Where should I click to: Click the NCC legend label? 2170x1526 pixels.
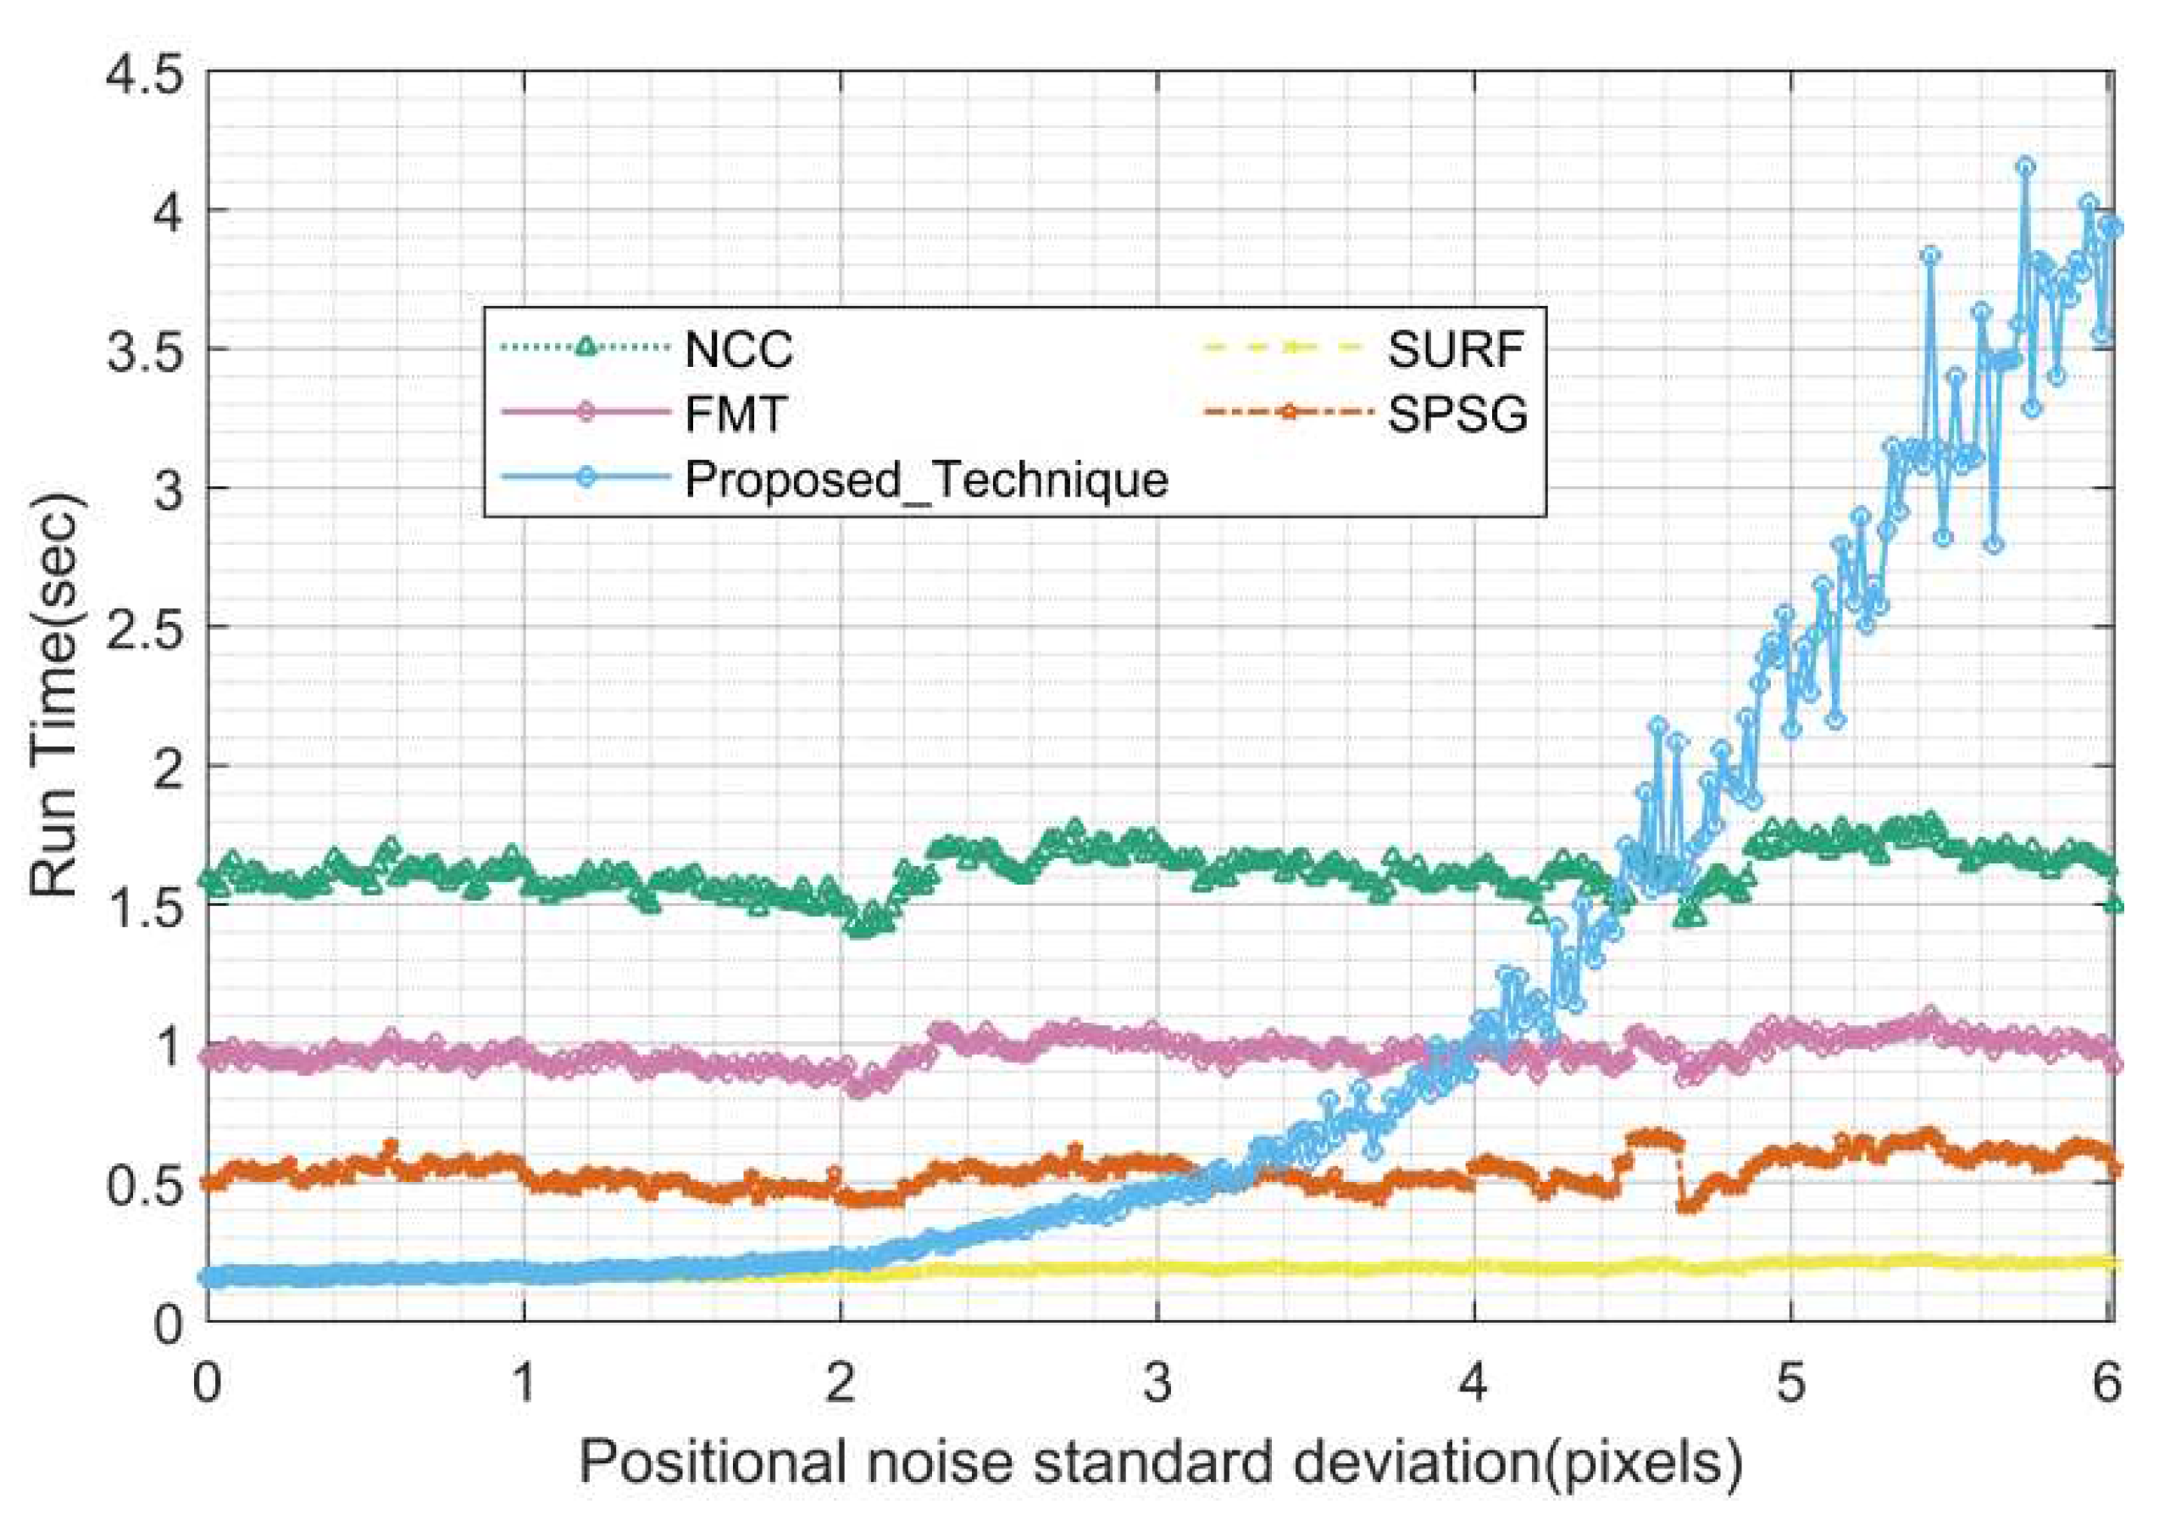738,351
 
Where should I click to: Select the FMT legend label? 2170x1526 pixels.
735,413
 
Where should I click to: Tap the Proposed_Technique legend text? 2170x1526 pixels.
926,479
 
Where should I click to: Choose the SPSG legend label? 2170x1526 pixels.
1457,413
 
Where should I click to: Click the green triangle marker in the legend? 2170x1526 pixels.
586,347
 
